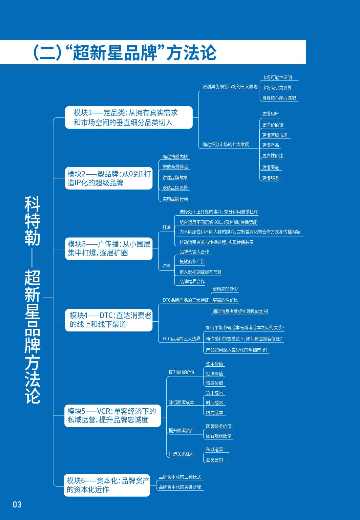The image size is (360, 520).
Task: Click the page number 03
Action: pos(17,504)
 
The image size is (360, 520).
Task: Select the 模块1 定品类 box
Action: pos(129,117)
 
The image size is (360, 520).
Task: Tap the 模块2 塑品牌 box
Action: pos(109,178)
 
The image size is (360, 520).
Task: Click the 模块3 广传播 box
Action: pos(109,248)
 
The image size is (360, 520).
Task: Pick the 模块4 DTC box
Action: pos(109,320)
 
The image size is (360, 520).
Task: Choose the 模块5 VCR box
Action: pos(112,416)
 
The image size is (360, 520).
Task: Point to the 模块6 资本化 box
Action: pos(107,485)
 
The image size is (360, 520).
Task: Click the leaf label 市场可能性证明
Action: pos(277,78)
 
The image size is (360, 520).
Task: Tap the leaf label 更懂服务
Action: pos(271,178)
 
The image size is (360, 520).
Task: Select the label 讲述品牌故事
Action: pos(175,178)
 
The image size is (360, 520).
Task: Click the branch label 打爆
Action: pos(166,227)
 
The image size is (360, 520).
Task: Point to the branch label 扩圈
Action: pos(166,266)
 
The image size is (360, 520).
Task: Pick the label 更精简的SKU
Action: pos(225,289)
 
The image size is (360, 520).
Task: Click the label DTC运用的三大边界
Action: pos(182,339)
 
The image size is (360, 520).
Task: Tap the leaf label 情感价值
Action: pos(214,383)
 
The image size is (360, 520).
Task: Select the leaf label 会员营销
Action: pos(214,460)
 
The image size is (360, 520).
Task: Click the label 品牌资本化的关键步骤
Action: pos(180,487)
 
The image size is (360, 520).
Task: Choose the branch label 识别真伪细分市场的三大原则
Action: pos(230,87)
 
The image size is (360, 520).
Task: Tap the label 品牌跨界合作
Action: pos(192,282)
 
